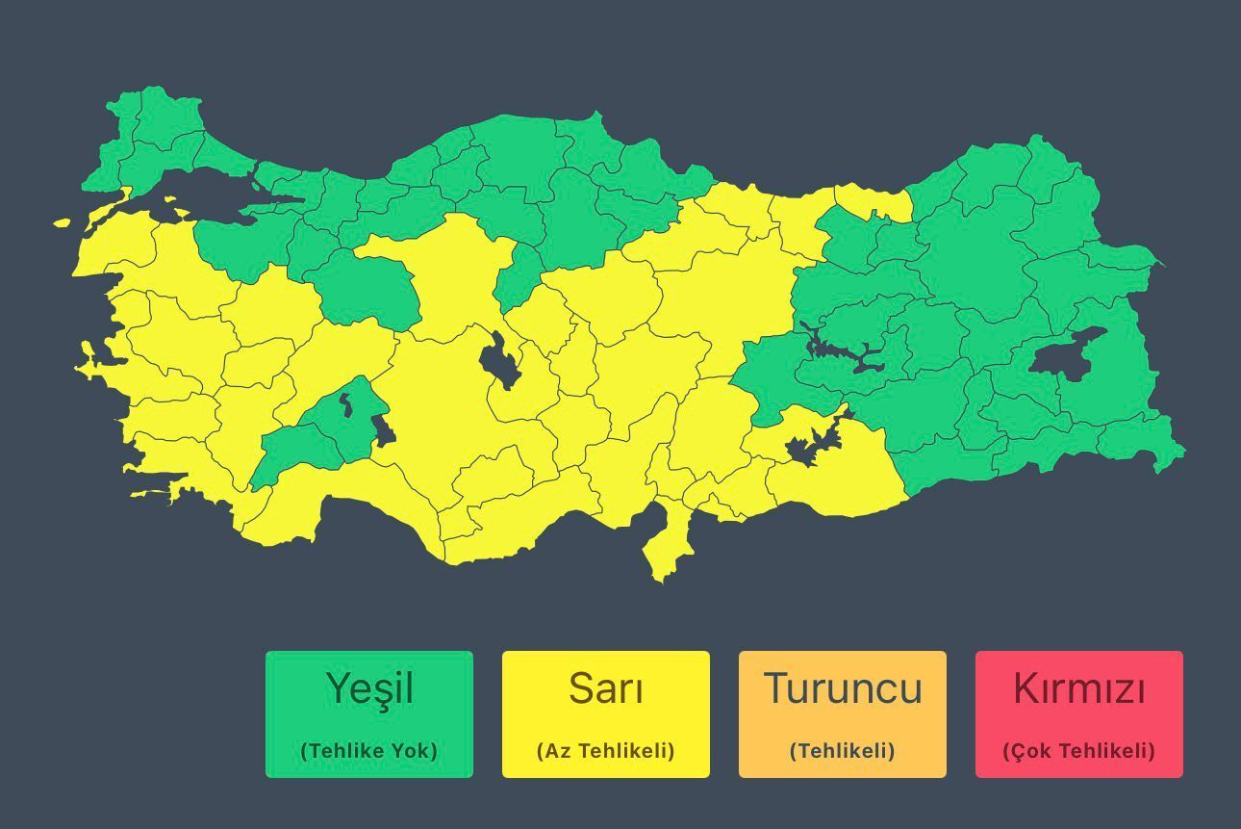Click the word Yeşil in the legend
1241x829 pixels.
[369, 689]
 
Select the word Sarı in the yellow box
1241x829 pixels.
[606, 689]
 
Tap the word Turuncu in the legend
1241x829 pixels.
[843, 689]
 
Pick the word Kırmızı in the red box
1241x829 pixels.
[1079, 689]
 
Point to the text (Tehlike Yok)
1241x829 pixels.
[369, 751]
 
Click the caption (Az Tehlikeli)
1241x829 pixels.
[606, 751]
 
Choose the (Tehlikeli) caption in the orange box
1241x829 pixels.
[843, 751]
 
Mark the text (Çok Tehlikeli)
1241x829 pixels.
[1079, 751]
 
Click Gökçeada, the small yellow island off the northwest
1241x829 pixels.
[63, 223]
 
